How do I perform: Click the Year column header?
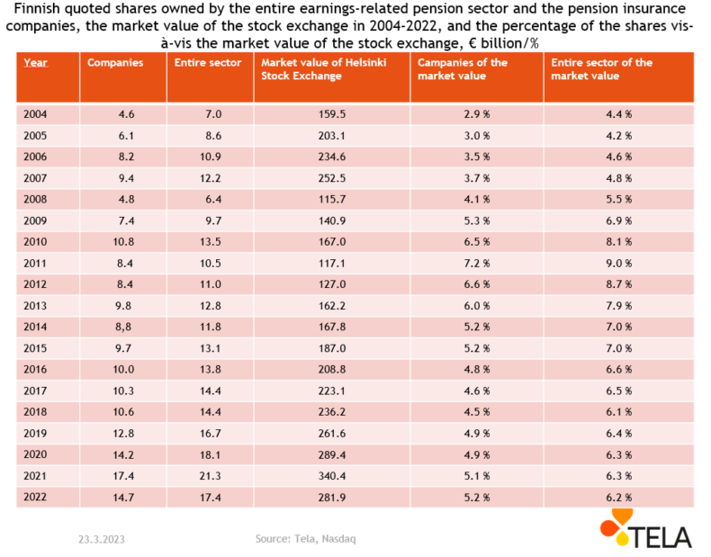point(35,63)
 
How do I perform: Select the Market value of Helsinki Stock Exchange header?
point(323,69)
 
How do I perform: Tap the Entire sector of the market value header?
point(601,69)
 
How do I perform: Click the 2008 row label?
point(35,200)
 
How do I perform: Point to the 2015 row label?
point(35,348)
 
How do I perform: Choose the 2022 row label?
point(35,498)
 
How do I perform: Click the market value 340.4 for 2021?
point(332,476)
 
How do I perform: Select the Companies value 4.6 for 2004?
point(126,114)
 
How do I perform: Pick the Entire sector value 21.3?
point(211,476)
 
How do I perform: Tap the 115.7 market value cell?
point(332,200)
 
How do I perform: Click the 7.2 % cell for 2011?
point(477,264)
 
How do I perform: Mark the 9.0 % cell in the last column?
point(619,264)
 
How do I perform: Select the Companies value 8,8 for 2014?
point(123,328)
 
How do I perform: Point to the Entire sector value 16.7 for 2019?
point(211,434)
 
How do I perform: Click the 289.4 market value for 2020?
point(332,455)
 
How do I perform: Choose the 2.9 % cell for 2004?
point(477,114)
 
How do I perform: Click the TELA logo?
point(645,528)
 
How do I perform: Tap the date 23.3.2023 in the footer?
point(102,539)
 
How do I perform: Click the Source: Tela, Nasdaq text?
point(306,539)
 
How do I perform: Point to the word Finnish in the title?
point(33,9)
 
